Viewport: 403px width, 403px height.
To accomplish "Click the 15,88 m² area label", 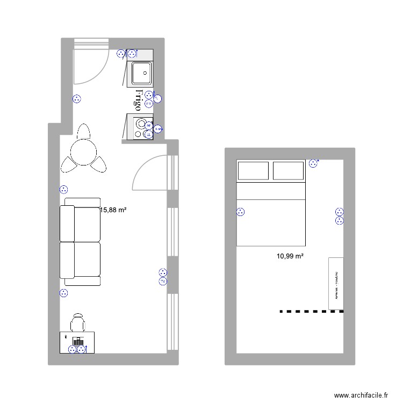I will click(113, 211).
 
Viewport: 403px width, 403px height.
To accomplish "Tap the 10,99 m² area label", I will click(290, 256).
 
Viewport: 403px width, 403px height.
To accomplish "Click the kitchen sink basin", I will click(141, 73).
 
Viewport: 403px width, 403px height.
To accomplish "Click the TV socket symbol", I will click(163, 281).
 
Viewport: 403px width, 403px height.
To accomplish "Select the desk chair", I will click(78, 322).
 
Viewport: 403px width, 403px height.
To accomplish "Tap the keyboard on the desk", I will click(78, 341).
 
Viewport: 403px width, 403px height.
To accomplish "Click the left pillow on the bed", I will click(253, 170).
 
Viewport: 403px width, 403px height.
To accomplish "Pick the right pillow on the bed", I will click(289, 170).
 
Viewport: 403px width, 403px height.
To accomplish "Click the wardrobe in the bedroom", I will click(336, 283).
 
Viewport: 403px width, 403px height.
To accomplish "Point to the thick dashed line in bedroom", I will click(311, 311).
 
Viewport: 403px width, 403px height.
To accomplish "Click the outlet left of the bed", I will click(240, 212).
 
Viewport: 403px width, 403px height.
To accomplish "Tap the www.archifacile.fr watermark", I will click(361, 395).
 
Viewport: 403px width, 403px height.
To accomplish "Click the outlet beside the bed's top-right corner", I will click(313, 163).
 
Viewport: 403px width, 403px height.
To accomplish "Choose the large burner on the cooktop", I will click(141, 123).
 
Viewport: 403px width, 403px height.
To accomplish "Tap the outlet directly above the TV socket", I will click(163, 272).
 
